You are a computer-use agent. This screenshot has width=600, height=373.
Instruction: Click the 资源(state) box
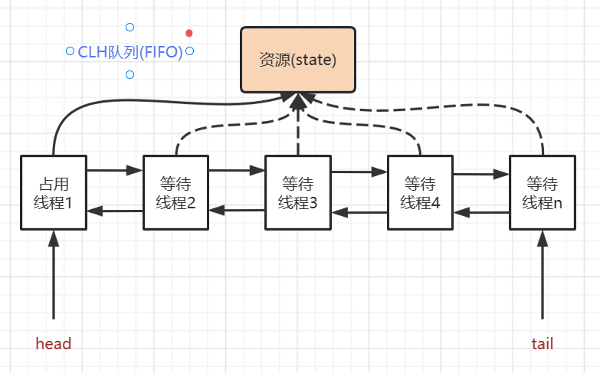[298, 59]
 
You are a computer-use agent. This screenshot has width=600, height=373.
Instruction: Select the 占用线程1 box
[53, 193]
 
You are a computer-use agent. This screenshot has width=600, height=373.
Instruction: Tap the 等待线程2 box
[175, 193]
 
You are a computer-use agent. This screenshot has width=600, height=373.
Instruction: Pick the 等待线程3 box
[297, 193]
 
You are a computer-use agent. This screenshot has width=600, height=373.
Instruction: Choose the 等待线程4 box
[419, 193]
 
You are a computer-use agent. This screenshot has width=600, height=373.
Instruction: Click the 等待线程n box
[542, 193]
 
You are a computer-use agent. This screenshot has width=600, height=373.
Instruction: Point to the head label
[54, 344]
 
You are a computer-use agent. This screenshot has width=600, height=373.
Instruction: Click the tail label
[542, 344]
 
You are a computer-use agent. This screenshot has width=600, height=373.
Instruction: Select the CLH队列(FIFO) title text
[130, 51]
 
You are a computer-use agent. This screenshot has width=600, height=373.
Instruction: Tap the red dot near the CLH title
[189, 33]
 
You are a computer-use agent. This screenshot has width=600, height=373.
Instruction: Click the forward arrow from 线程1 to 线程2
[114, 170]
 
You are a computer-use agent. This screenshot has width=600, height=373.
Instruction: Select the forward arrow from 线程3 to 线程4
[359, 172]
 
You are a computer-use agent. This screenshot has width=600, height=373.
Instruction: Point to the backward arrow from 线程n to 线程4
[480, 212]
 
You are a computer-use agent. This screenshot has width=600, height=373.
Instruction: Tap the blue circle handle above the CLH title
[130, 28]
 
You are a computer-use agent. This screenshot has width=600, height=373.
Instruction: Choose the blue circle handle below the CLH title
[130, 75]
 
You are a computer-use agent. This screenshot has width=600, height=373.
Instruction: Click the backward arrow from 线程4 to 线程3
[359, 212]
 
